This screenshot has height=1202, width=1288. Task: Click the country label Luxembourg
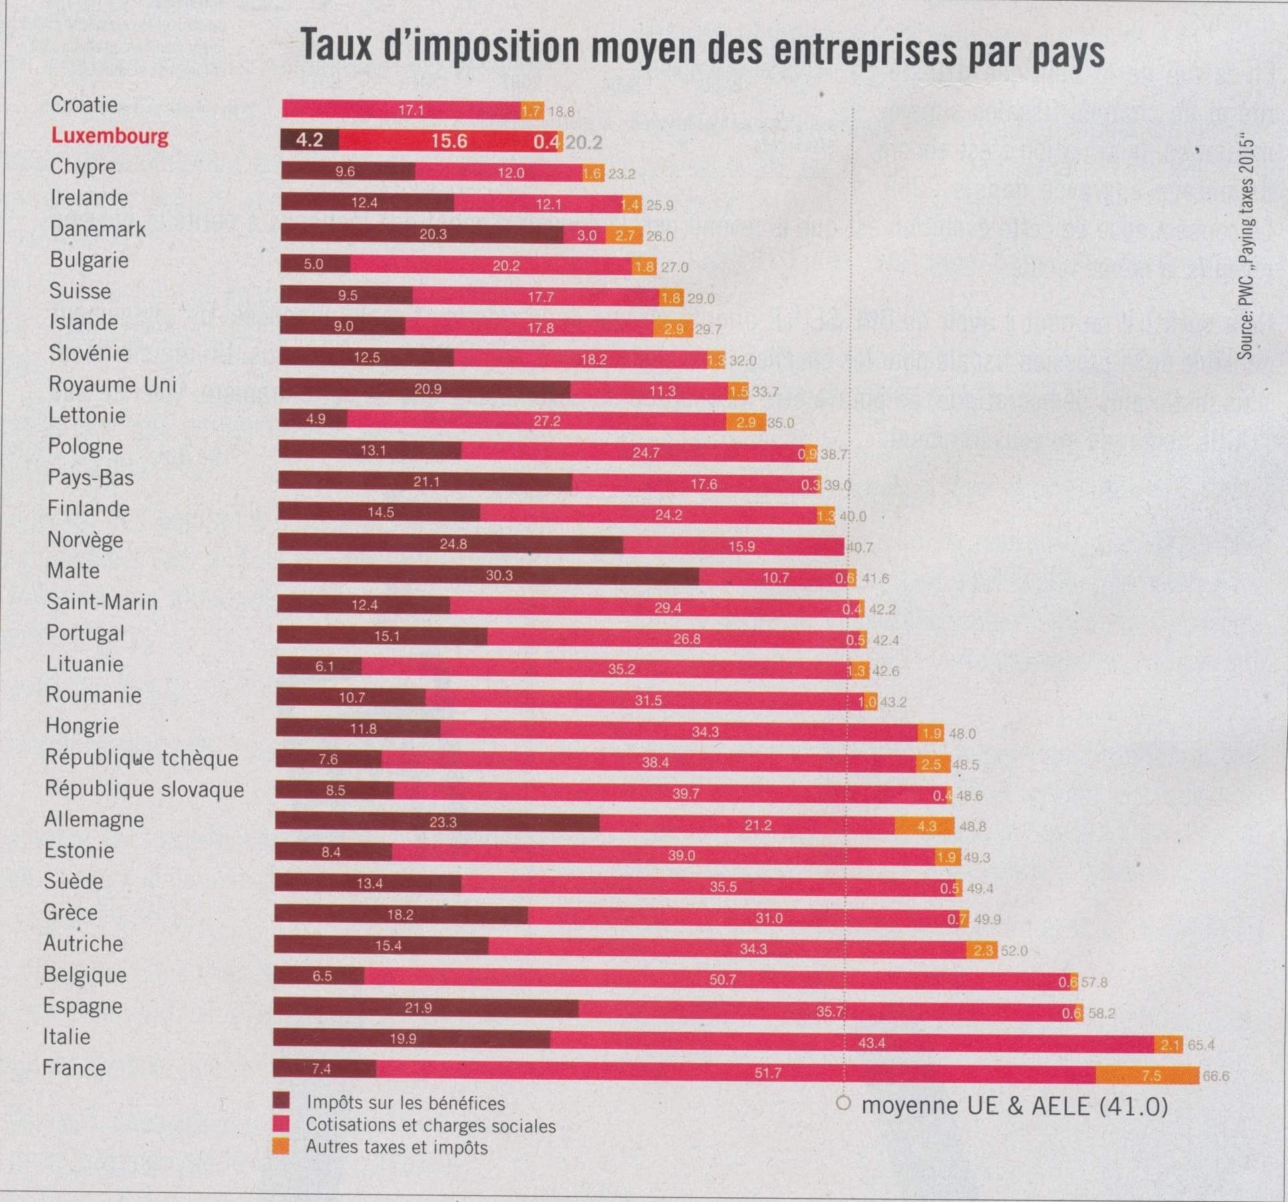pyautogui.click(x=110, y=136)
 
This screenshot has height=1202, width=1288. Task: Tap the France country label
pyautogui.click(x=74, y=1067)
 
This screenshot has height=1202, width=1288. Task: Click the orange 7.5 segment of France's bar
pyautogui.click(x=1147, y=1075)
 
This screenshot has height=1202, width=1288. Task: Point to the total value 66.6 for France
pyautogui.click(x=1216, y=1076)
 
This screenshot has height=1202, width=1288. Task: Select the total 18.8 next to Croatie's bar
pyautogui.click(x=561, y=112)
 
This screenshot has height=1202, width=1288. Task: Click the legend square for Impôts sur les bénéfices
pyautogui.click(x=281, y=1102)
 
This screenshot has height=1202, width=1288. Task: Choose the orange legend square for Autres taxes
pyautogui.click(x=281, y=1147)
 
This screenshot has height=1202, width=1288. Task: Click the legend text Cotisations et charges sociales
pyautogui.click(x=430, y=1125)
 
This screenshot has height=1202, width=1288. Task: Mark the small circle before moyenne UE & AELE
pyautogui.click(x=844, y=1104)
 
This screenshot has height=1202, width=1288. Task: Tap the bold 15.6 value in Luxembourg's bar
pyautogui.click(x=449, y=141)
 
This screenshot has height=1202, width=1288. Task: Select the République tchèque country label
pyautogui.click(x=142, y=757)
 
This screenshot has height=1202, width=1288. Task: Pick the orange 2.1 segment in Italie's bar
pyautogui.click(x=1168, y=1044)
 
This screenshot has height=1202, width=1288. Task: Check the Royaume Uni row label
pyautogui.click(x=112, y=384)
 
